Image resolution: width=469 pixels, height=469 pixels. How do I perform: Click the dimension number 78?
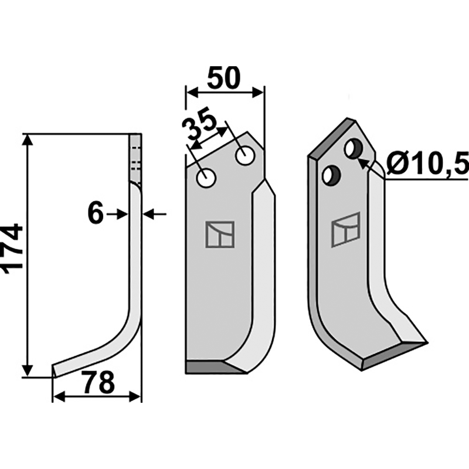[99, 382]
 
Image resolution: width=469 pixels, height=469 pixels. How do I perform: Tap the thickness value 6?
[96, 213]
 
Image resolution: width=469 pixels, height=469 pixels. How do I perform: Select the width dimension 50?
[224, 77]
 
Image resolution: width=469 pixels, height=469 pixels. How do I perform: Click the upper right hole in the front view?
[245, 155]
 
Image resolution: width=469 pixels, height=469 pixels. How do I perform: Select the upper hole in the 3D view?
[354, 148]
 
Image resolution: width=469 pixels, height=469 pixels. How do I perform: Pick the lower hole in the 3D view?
[331, 175]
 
